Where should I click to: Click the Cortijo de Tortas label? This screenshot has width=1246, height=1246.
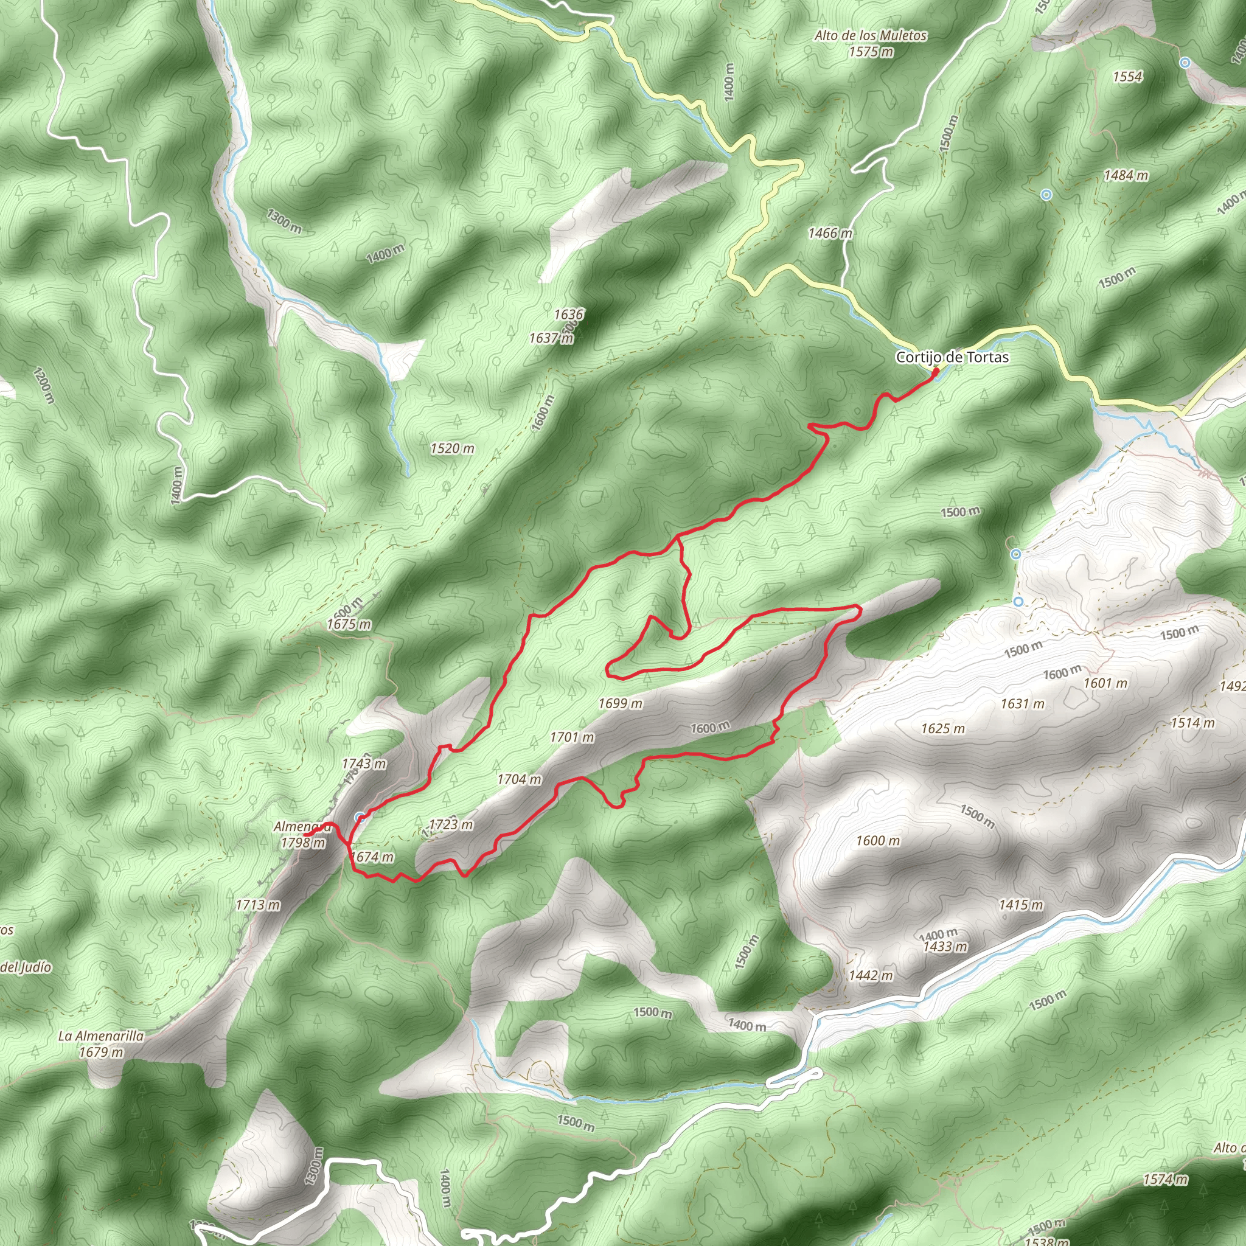tap(952, 357)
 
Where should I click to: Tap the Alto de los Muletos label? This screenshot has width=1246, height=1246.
tap(870, 36)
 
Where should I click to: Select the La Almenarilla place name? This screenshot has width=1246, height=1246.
tap(100, 1035)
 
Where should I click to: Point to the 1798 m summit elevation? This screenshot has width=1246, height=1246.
tap(302, 842)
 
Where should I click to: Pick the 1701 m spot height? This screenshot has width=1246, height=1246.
tap(571, 737)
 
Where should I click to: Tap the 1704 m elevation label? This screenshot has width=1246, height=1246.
tap(518, 779)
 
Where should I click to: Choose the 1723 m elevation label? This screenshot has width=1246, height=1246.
tap(450, 824)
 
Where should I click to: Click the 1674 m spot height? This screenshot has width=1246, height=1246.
tap(372, 857)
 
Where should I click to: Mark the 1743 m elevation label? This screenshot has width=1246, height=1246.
tap(364, 764)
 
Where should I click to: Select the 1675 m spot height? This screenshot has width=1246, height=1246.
tap(349, 624)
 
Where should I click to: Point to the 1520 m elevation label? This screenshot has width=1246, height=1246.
tap(452, 448)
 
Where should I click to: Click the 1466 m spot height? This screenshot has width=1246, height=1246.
tap(829, 233)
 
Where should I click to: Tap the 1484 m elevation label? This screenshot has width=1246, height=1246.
tap(1126, 175)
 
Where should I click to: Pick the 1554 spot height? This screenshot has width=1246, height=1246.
tap(1127, 77)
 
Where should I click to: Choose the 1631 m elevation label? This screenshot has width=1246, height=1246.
tap(1022, 704)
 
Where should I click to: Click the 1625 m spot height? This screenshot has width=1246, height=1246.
tap(942, 728)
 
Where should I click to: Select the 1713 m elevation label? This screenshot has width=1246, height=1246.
tap(257, 905)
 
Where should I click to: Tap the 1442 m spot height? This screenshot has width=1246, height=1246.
tap(870, 975)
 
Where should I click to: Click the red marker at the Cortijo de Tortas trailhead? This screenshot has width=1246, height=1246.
tap(934, 372)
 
